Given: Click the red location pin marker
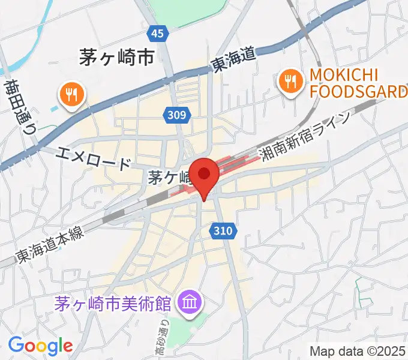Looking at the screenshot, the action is coord(205,175).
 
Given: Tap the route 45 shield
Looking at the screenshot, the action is coord(157,35).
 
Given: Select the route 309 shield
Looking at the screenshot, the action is coord(177,114).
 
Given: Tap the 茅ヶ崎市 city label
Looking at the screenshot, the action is coord(116,58).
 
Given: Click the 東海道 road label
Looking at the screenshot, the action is coord(233,61).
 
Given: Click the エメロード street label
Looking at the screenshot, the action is coord(93,158).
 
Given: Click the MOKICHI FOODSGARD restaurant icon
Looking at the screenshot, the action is coord(290,83).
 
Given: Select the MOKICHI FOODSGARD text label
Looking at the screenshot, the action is coord(358,83).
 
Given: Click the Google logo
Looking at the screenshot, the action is coord(40,346).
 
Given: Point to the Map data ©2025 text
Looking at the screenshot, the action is coord(358,350).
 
